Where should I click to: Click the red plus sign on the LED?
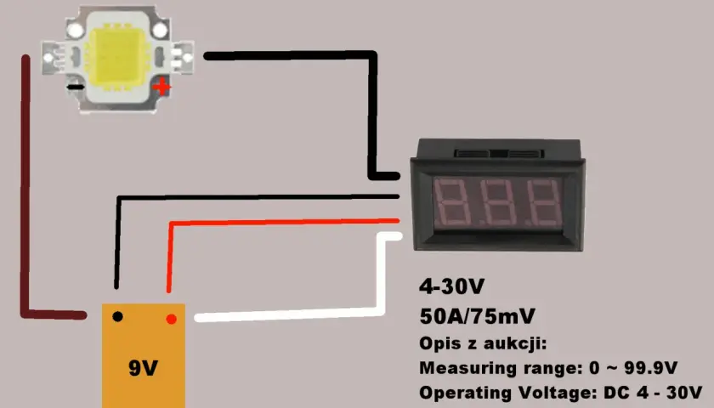click(x=161, y=87)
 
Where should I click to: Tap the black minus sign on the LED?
click(x=76, y=87)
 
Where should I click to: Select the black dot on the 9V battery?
click(x=117, y=316)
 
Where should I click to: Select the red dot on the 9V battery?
click(x=171, y=320)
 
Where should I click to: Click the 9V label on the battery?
click(x=143, y=368)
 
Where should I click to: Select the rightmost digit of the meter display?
click(x=542, y=203)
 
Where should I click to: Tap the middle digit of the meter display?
click(x=496, y=203)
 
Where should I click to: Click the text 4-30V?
click(x=451, y=286)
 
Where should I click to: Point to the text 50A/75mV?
click(x=477, y=316)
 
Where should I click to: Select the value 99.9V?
click(x=651, y=368)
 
